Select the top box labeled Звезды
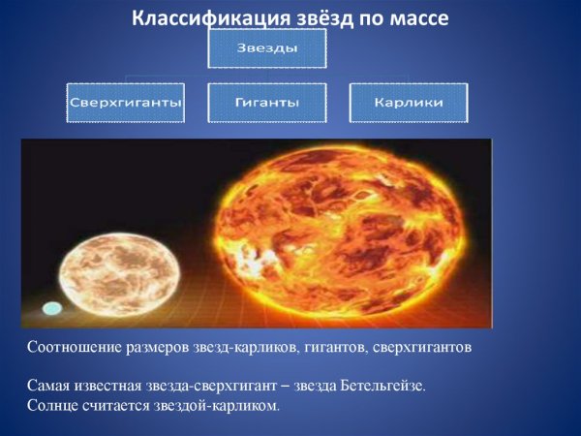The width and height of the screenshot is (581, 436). pyautogui.click(x=266, y=48)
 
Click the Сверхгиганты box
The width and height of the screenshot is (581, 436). pyautogui.click(x=126, y=102)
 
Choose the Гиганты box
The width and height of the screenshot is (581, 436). pyautogui.click(x=266, y=102)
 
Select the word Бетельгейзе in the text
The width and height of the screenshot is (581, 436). pyautogui.click(x=382, y=387)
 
